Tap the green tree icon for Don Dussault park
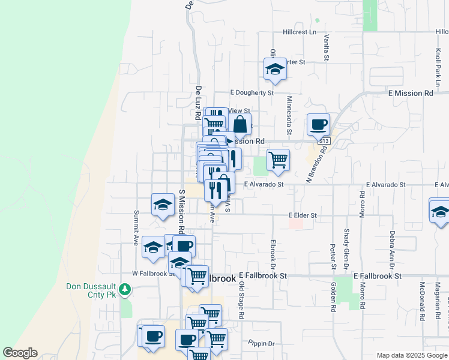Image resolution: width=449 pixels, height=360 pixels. [125, 290]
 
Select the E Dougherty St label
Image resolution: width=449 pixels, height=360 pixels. [252, 93]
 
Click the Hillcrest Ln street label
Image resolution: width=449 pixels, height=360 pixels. [300, 32]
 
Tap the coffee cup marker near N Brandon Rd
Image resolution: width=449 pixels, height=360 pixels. [318, 125]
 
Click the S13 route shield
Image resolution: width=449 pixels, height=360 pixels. [324, 140]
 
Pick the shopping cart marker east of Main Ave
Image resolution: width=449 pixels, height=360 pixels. [278, 160]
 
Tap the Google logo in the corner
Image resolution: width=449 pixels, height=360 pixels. [19, 353]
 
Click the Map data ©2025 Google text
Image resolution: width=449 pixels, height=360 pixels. [411, 355]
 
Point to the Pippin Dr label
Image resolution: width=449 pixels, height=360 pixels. [261, 344]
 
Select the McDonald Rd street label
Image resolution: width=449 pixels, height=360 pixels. [423, 300]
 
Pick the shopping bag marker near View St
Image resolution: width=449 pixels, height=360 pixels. [240, 125]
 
